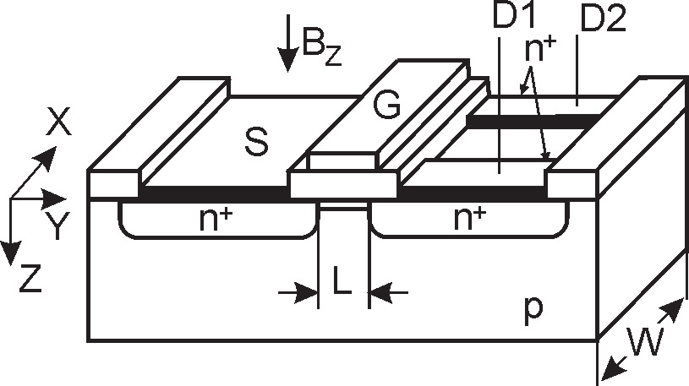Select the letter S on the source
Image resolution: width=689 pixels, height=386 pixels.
point(255,143)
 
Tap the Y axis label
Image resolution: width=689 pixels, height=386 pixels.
point(56,226)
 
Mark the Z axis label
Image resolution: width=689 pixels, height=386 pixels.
point(30,279)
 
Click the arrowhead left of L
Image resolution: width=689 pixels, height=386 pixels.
point(309,292)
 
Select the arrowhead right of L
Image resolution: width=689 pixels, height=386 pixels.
point(379,292)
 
